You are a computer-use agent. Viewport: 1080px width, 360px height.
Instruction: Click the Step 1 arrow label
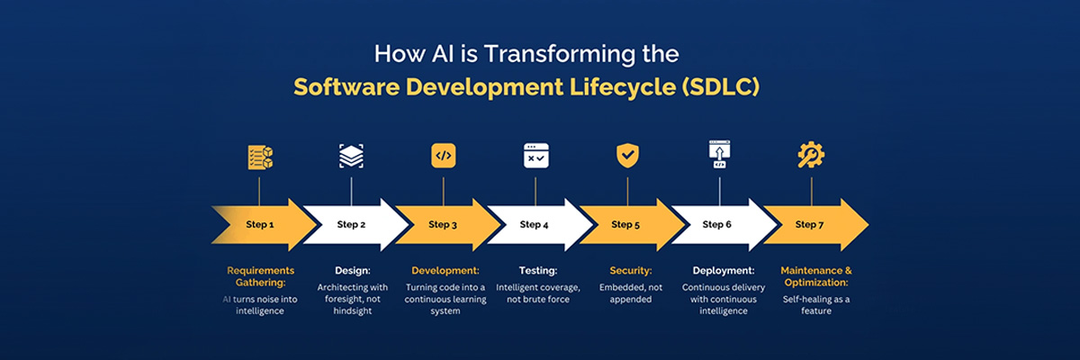tap(259, 225)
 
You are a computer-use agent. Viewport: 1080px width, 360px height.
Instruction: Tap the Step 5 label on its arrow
tap(625, 225)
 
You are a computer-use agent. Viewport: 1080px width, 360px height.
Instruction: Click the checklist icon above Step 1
tap(259, 157)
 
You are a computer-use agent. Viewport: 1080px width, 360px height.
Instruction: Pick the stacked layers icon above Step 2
tap(351, 156)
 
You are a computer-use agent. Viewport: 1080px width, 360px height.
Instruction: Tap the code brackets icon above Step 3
tap(443, 156)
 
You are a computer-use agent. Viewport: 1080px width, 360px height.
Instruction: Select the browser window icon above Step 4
tap(535, 156)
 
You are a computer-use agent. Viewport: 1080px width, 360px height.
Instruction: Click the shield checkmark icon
tap(627, 155)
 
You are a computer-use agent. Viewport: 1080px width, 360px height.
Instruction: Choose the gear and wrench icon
tap(811, 156)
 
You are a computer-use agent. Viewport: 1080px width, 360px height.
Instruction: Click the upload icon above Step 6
tap(719, 155)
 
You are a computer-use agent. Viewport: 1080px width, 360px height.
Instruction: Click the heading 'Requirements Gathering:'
tap(259, 276)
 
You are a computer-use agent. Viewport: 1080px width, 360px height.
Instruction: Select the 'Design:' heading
tap(351, 270)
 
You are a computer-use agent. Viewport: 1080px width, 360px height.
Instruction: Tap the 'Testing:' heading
tap(537, 270)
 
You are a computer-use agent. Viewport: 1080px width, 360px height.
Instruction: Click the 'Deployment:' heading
tap(723, 270)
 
